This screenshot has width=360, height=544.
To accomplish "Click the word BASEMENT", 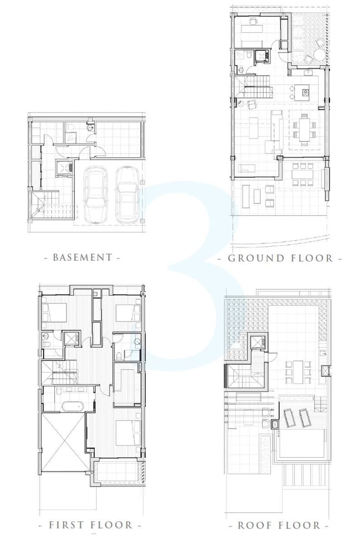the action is (83, 257).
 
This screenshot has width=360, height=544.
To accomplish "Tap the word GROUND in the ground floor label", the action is (256, 258).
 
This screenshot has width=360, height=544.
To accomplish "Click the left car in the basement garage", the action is (96, 194).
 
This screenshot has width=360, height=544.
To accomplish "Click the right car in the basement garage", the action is (128, 194).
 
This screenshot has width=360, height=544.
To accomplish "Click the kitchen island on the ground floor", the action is (302, 92).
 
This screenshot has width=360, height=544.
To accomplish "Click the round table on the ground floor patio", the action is (319, 53).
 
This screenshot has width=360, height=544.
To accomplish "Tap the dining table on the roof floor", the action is (298, 372).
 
